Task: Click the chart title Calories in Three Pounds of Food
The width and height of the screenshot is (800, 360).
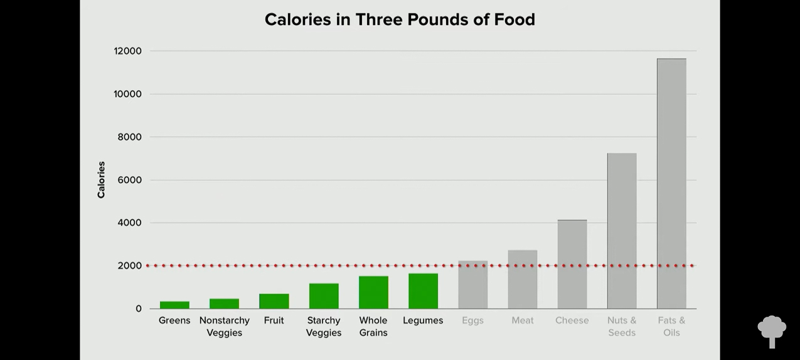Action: [400, 19]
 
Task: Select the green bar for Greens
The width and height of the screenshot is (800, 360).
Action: [174, 305]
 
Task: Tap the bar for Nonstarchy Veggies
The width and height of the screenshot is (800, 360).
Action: [224, 304]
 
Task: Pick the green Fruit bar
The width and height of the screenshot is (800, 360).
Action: [274, 301]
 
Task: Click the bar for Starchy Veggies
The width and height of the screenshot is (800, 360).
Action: [324, 296]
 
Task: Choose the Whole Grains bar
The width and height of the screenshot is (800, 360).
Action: [373, 292]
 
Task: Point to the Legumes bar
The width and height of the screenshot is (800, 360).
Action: [423, 291]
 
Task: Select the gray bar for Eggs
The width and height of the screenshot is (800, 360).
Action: [473, 285]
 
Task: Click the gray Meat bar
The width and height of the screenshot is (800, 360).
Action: [523, 279]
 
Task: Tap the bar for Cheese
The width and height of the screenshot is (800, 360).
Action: [572, 264]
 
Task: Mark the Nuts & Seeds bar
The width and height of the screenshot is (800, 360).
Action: [622, 231]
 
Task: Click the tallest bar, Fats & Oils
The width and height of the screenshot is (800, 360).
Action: [671, 183]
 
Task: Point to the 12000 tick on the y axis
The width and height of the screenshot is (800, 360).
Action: [127, 51]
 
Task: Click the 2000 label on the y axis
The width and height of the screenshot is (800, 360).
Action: [129, 266]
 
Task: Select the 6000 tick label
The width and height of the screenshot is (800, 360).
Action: [129, 180]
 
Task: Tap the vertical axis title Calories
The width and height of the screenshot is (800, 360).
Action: [101, 180]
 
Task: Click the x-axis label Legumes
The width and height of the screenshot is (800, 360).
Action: [423, 320]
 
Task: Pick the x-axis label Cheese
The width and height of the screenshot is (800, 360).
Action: [572, 320]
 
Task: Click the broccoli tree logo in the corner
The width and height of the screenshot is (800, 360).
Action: [772, 331]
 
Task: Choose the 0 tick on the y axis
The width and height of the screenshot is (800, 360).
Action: [138, 309]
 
